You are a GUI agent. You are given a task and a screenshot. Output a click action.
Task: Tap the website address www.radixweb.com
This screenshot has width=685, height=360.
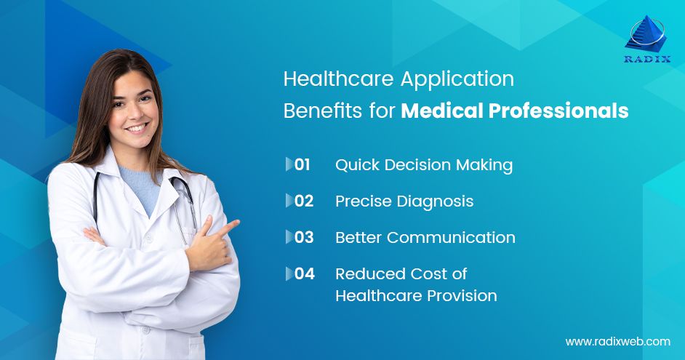coord(617,341)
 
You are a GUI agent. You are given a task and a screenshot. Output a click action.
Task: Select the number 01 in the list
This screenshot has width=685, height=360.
coord(303,165)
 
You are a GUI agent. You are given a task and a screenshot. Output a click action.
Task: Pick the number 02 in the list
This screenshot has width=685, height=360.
coord(304,201)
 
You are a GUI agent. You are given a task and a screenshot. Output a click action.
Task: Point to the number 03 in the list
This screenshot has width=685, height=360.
coord(304,238)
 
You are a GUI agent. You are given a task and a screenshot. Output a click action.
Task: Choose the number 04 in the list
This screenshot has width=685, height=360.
coord(305,274)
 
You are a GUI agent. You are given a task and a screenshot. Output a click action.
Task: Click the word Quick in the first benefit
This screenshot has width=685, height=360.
coord(355,165)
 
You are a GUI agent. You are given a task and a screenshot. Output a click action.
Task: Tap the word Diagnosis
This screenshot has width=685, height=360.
coord(441,201)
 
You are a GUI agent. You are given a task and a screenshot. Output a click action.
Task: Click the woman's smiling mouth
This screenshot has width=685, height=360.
coord(137,128)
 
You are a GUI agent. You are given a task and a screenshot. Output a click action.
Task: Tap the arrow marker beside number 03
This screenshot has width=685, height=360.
coord(289,238)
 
